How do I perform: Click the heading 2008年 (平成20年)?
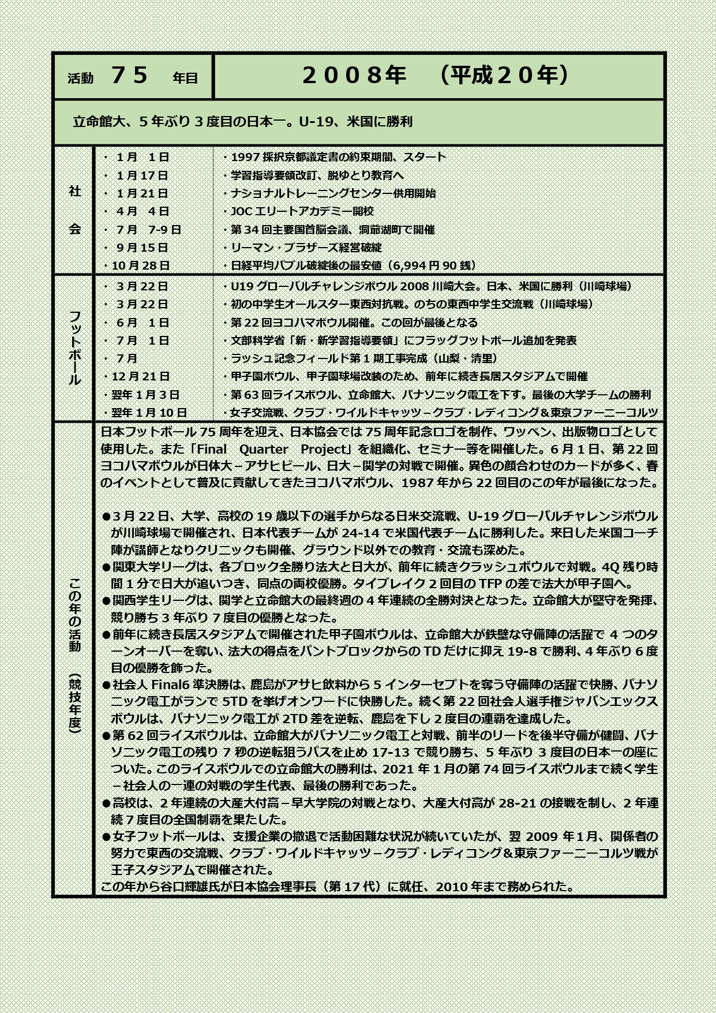(x=436, y=76)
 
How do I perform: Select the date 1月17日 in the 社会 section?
(x=142, y=175)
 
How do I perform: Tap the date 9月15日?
(x=142, y=248)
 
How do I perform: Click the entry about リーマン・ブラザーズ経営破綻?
(x=306, y=248)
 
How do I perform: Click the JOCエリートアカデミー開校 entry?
(x=302, y=211)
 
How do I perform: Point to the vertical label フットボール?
(x=75, y=347)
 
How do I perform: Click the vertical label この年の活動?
(x=75, y=615)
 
